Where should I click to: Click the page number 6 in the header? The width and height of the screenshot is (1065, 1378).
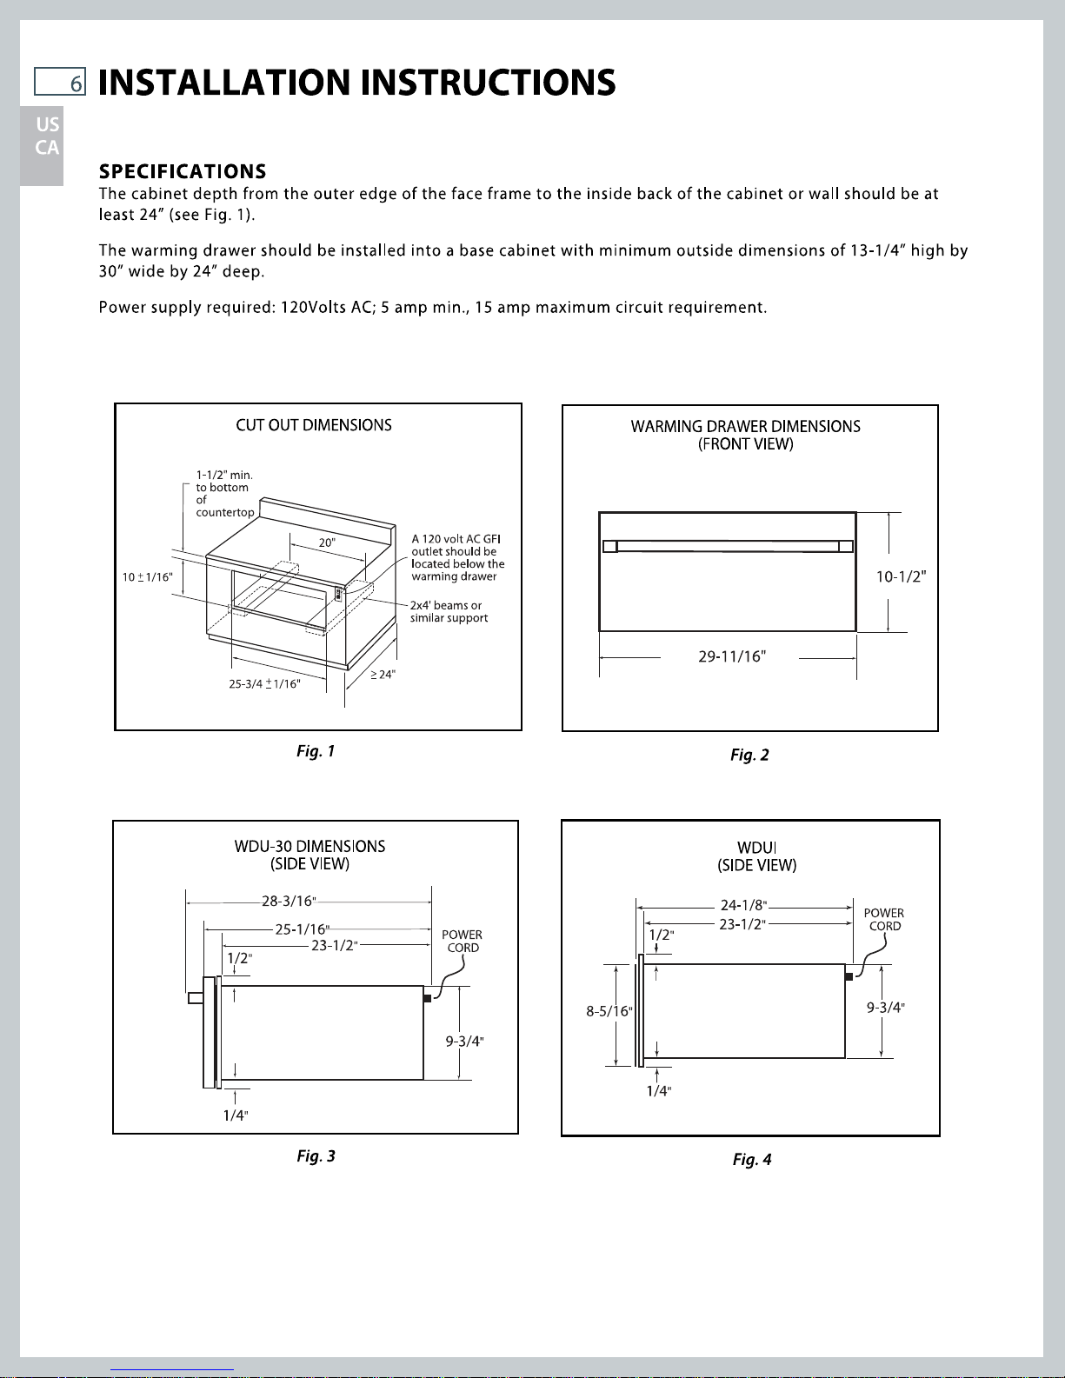click(77, 83)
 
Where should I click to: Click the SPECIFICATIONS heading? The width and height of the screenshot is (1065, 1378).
click(183, 171)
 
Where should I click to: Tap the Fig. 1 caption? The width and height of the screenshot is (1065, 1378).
click(316, 751)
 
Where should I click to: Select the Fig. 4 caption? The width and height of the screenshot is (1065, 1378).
click(752, 1159)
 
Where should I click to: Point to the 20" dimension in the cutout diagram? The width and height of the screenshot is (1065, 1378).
click(327, 543)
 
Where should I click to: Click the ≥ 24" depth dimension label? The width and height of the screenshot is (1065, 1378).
click(383, 674)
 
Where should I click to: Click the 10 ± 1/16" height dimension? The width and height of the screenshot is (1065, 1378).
click(146, 576)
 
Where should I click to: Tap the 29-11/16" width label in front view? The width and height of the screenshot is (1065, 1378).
click(732, 656)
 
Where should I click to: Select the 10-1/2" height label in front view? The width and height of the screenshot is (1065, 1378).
click(901, 576)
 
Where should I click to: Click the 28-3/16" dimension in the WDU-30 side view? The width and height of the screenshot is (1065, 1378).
click(288, 901)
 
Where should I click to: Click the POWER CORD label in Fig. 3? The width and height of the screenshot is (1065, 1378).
click(462, 942)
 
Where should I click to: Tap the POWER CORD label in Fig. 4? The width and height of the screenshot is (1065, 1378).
click(884, 920)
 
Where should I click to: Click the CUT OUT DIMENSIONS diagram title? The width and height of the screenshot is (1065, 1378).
click(314, 425)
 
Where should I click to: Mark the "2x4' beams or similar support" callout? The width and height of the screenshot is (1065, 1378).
click(449, 612)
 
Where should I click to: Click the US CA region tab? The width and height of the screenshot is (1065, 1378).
click(47, 136)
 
